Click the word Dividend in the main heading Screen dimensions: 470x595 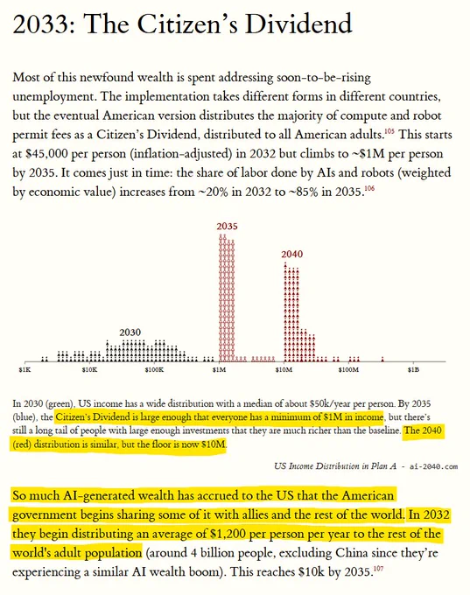point(298,24)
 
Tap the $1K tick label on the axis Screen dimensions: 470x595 point(25,369)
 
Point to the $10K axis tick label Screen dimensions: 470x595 point(89,369)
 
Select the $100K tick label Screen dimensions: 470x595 point(154,369)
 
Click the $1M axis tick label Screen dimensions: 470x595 point(220,369)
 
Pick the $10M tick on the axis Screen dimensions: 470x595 point(284,369)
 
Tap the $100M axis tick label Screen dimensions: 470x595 point(348,369)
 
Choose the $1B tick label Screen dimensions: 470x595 point(413,369)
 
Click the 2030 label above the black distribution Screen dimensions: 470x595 point(130,332)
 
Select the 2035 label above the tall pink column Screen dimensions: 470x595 point(227,226)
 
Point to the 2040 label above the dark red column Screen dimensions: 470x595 point(292,254)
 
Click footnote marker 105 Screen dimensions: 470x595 point(389,131)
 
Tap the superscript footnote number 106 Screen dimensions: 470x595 point(369,188)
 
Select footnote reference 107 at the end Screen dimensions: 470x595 point(378,568)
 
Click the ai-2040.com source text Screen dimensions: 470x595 point(433,466)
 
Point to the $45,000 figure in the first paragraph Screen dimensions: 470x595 point(46,154)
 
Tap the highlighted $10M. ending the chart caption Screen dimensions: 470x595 point(214,444)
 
